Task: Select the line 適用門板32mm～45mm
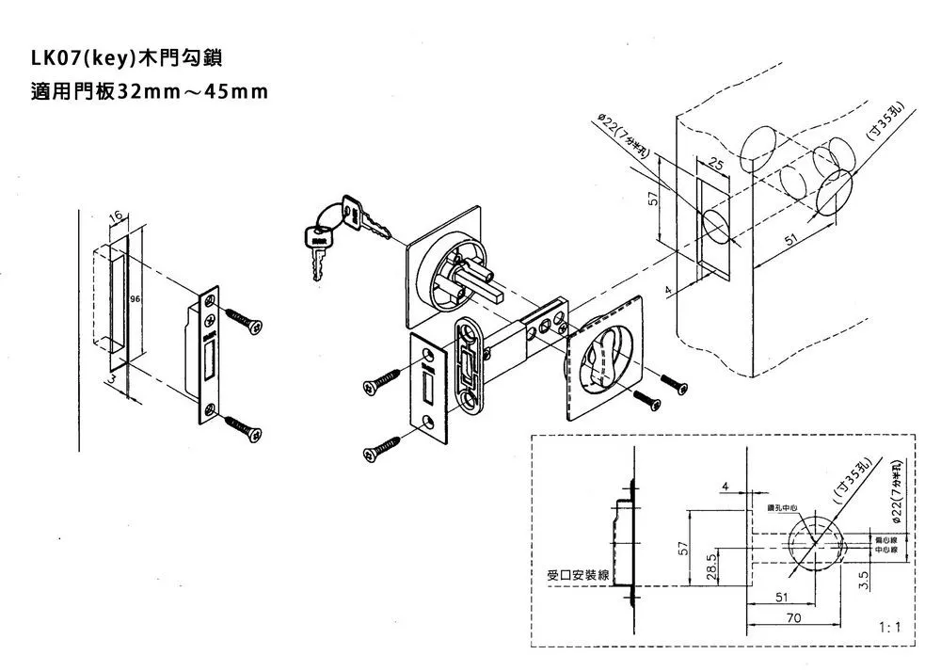(x=150, y=93)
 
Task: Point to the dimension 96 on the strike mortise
(x=136, y=298)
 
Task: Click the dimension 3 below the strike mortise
(x=113, y=378)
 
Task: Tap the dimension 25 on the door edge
(x=716, y=167)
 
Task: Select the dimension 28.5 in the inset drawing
(x=712, y=567)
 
